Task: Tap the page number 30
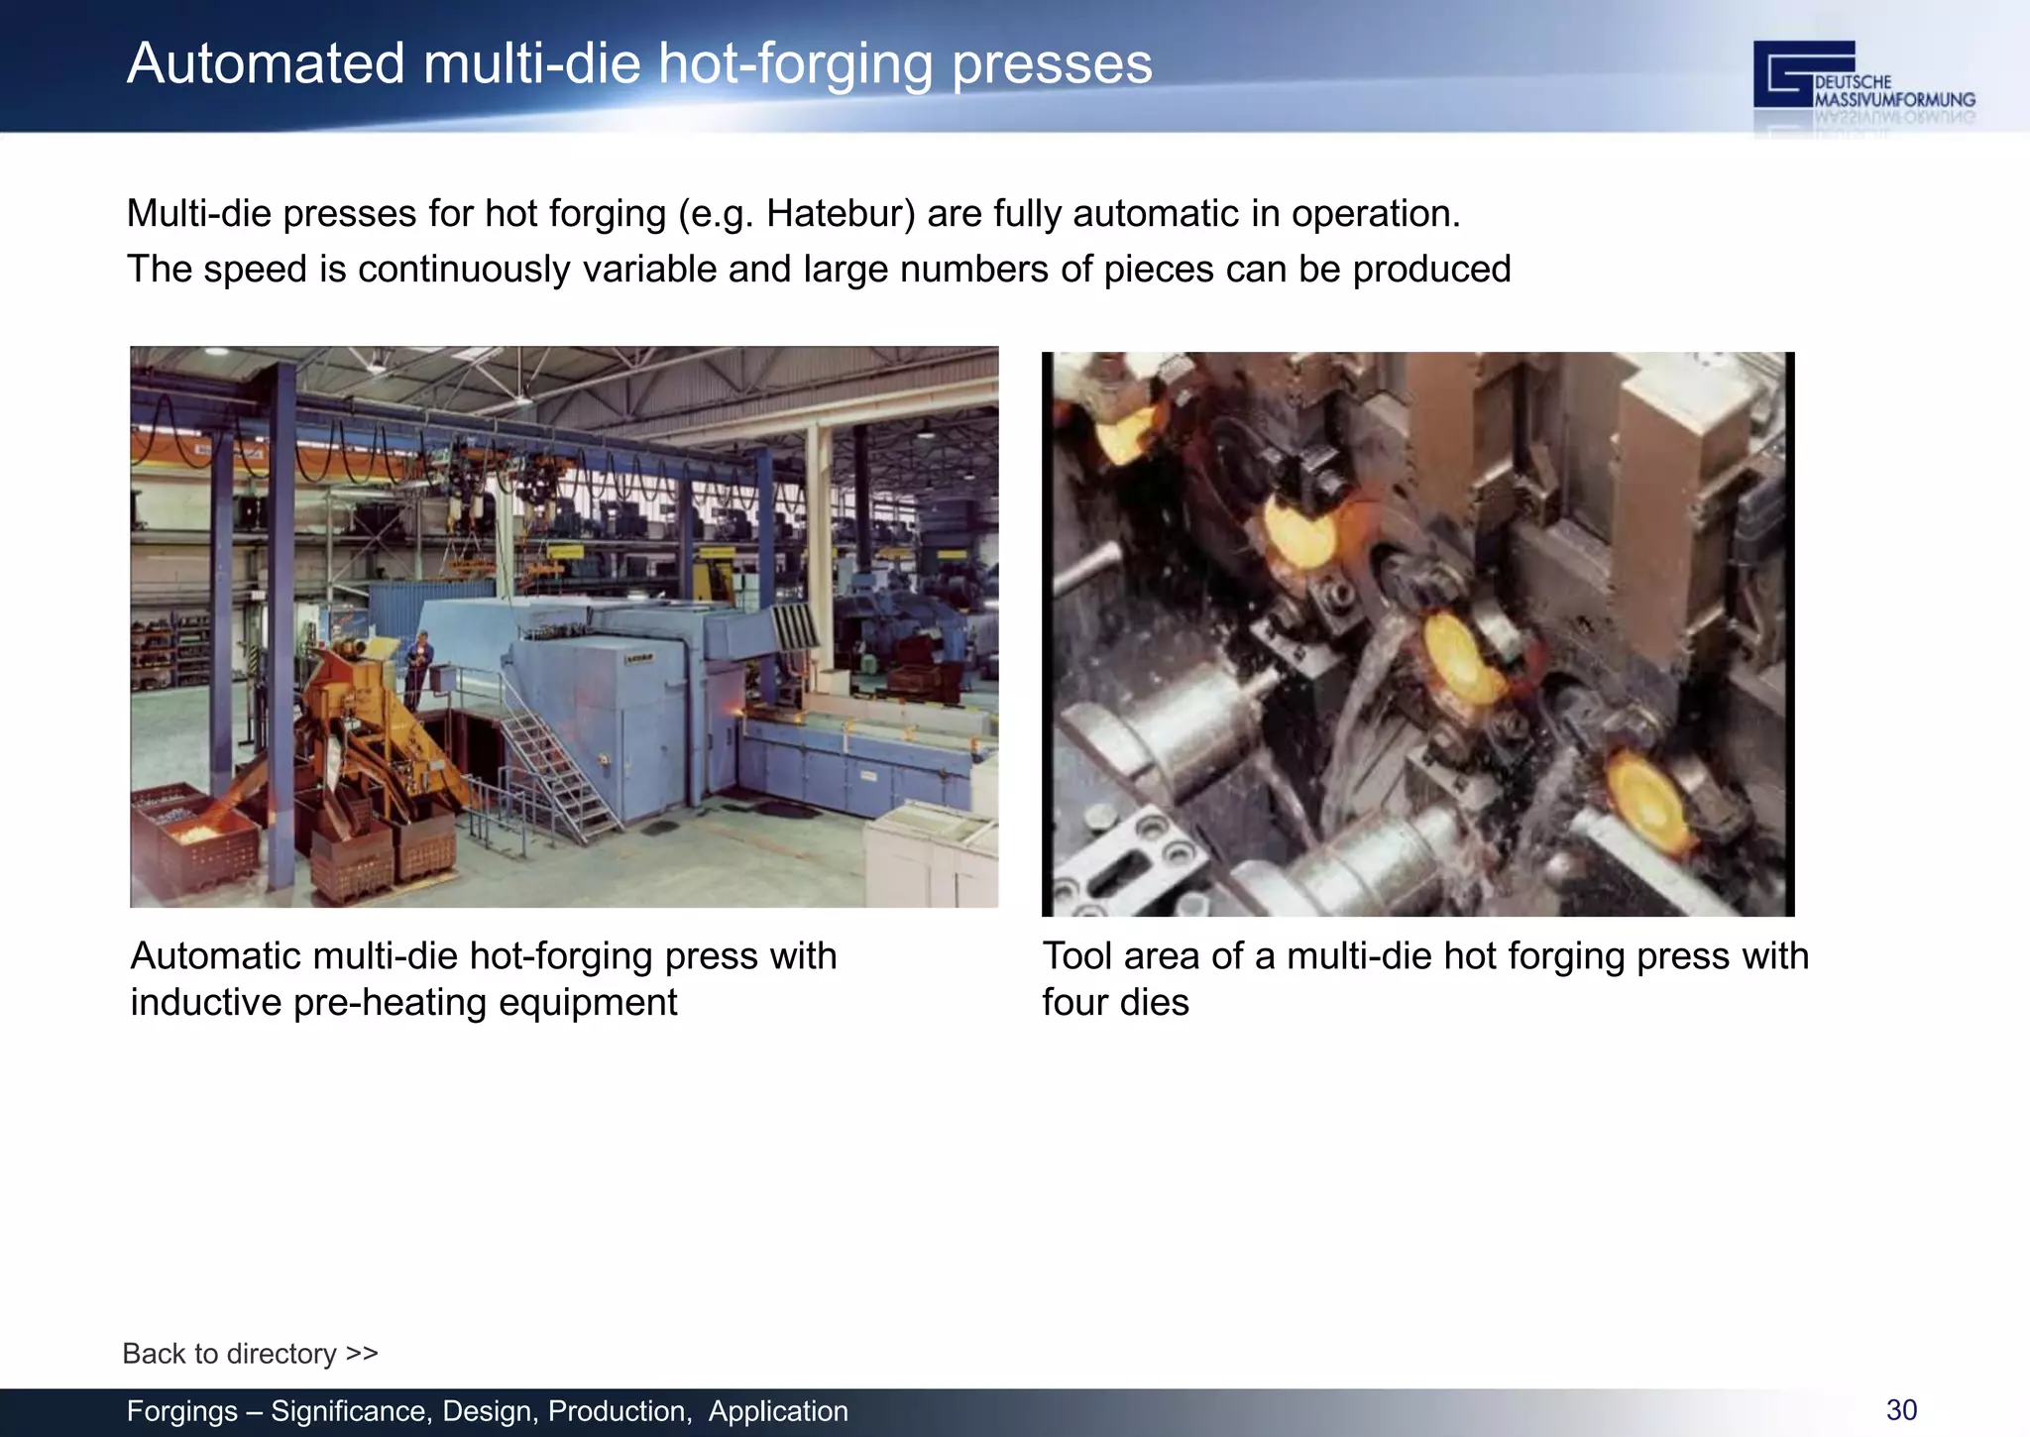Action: click(1901, 1409)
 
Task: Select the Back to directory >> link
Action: click(250, 1353)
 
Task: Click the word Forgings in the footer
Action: click(182, 1410)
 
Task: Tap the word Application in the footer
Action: click(778, 1410)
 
